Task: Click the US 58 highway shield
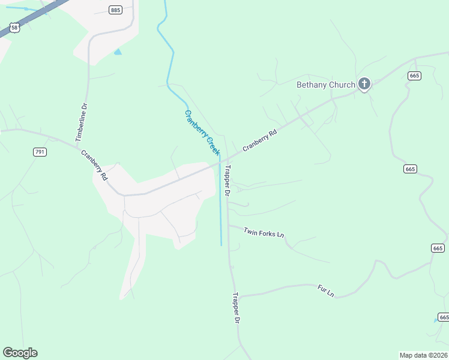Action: (14, 27)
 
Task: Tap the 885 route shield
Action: (115, 10)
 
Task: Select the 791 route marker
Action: (40, 152)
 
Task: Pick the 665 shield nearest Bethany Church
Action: (414, 75)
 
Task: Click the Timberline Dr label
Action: (81, 122)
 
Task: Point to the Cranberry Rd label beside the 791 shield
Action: (95, 165)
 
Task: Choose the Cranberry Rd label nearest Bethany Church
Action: (259, 140)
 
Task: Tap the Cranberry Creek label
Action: (202, 133)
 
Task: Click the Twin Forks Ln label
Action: (264, 232)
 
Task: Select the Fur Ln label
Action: (325, 291)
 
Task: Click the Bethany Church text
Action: (326, 85)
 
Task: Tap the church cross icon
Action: (364, 84)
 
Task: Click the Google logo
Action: (20, 353)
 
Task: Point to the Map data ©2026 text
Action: (423, 355)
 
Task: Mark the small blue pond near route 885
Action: (118, 52)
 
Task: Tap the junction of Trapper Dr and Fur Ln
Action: (238, 296)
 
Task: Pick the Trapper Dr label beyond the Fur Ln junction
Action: (237, 308)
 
